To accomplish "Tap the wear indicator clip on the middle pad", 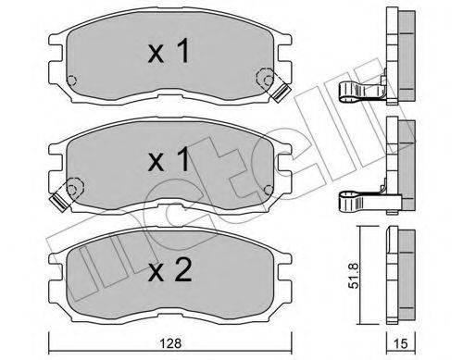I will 63,195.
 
